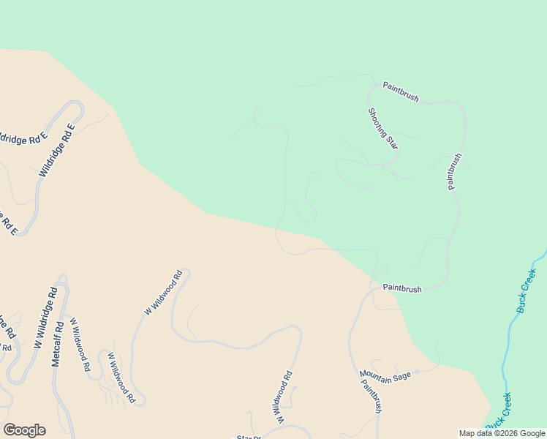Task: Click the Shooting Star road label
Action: pos(382,128)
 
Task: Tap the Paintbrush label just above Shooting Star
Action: pos(401,93)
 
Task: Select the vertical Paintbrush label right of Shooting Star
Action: pos(455,171)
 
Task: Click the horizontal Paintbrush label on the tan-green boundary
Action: pos(402,289)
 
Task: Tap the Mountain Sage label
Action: pos(385,375)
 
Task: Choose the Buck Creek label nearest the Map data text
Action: pos(498,413)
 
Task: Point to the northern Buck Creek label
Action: pos(527,290)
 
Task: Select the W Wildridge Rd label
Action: pos(45,317)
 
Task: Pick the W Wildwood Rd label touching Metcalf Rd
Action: pos(79,344)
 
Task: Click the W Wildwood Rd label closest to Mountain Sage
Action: pos(284,399)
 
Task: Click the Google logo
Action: pos(24,430)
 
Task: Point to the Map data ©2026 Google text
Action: pos(502,433)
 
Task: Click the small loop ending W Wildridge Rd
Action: pos(61,279)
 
